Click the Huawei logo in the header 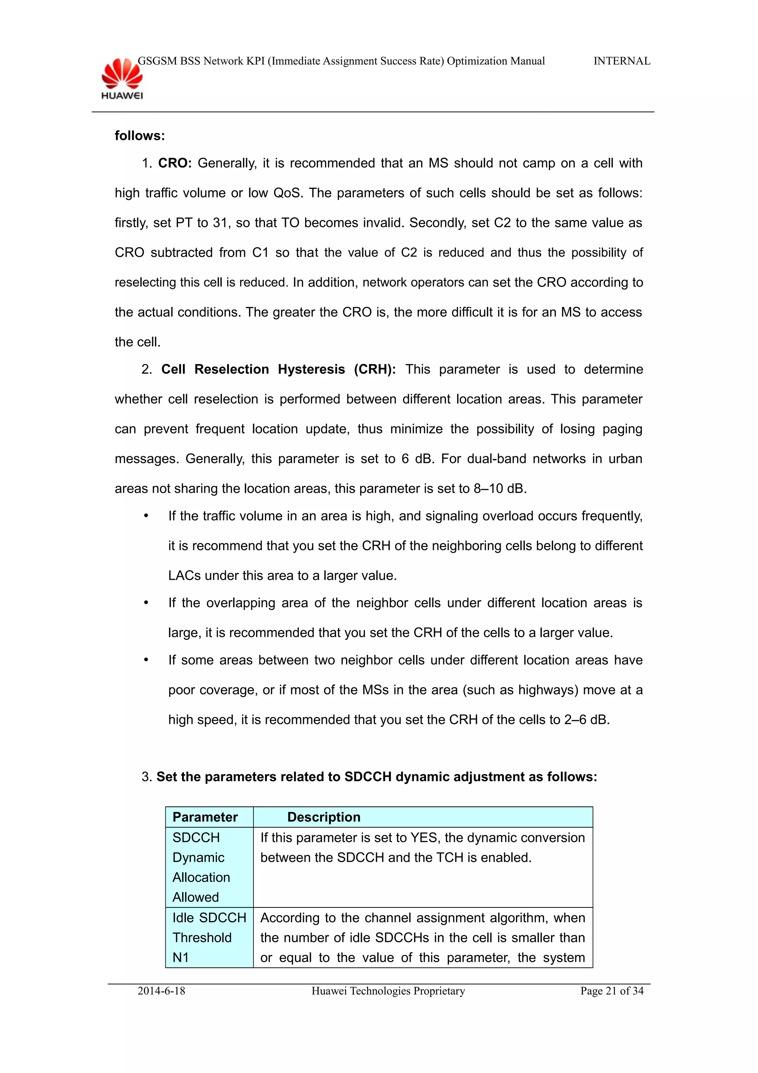click(x=122, y=78)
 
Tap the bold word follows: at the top click(x=140, y=136)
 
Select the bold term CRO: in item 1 click(x=175, y=163)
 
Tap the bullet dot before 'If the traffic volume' click(x=146, y=516)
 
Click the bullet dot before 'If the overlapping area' click(x=146, y=603)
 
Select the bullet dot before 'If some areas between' click(x=146, y=660)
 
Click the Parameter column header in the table click(x=205, y=817)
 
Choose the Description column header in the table click(x=323, y=817)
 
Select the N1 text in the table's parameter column click(x=181, y=957)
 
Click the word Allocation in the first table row click(x=201, y=877)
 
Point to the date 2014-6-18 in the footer click(x=161, y=991)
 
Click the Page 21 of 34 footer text click(x=611, y=991)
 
